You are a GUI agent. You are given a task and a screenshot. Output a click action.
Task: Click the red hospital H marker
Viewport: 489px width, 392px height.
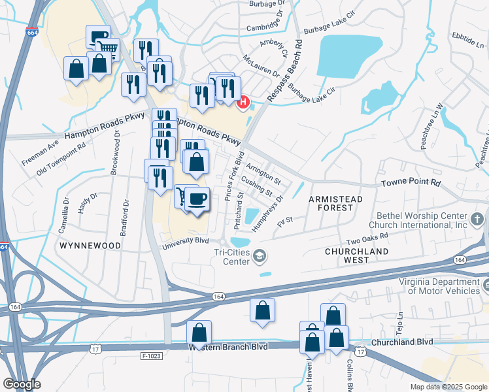tap(244, 102)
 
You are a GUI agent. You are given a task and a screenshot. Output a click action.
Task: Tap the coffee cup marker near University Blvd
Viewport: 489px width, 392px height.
tap(197, 198)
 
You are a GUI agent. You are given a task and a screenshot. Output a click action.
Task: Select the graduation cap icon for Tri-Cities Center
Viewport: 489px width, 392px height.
tap(260, 255)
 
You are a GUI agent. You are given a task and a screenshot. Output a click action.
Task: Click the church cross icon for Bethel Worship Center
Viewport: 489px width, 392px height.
tap(478, 218)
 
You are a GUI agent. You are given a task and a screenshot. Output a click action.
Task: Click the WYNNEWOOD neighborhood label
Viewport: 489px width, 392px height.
tap(90, 246)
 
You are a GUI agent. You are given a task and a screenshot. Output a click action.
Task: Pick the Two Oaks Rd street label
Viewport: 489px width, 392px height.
tap(367, 237)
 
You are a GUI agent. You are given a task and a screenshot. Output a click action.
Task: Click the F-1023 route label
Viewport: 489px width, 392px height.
tap(152, 356)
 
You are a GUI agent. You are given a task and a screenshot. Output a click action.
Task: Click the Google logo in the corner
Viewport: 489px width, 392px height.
tap(22, 384)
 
